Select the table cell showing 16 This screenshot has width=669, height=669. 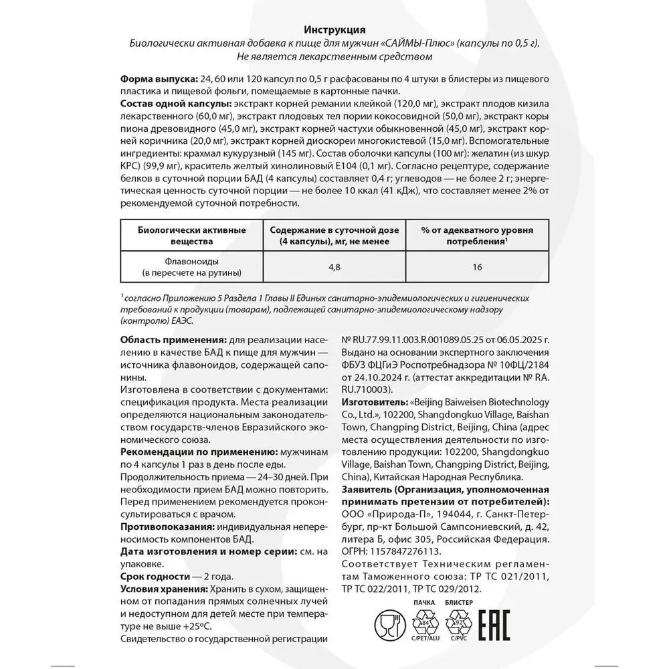point(477,267)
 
